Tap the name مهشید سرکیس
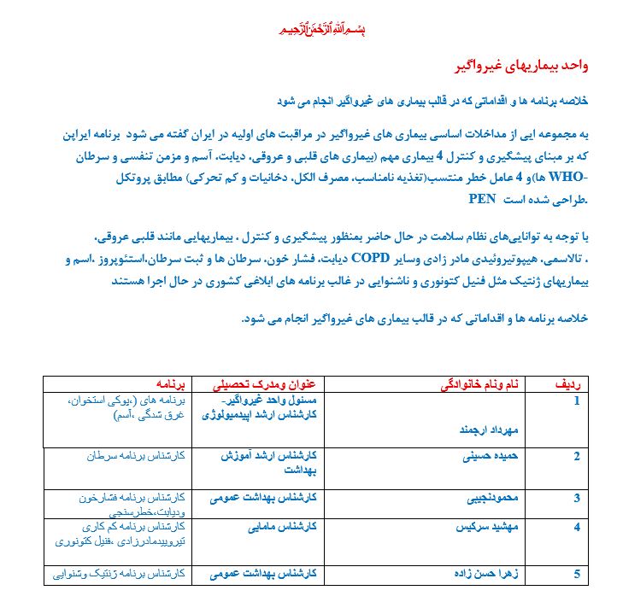(x=491, y=527)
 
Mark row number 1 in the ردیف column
(x=577, y=400)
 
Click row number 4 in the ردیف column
(x=577, y=527)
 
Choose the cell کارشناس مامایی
(x=278, y=527)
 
